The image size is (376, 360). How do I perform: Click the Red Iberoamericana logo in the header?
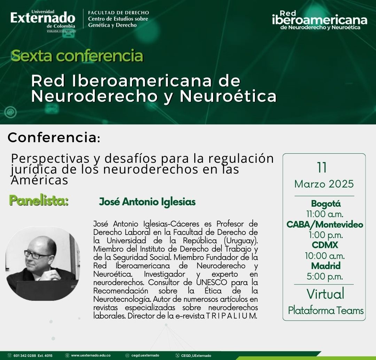320,20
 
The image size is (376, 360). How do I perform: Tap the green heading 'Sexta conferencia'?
77,56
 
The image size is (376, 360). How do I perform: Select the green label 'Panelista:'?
39,201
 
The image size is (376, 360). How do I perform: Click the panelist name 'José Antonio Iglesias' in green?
147,202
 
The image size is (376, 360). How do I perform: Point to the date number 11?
322,168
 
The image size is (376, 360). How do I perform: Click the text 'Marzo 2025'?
324,184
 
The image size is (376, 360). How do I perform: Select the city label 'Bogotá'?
326,204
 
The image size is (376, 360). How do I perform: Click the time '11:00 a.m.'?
325,214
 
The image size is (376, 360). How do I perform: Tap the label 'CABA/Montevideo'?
324,224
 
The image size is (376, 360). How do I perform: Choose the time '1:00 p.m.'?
325,235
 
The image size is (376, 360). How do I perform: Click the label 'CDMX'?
325,245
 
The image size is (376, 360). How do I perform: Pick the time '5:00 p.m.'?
325,276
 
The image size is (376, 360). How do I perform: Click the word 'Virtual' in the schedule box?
325,294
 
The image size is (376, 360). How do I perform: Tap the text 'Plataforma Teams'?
326,311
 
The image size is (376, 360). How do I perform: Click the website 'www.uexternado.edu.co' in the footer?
91,355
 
